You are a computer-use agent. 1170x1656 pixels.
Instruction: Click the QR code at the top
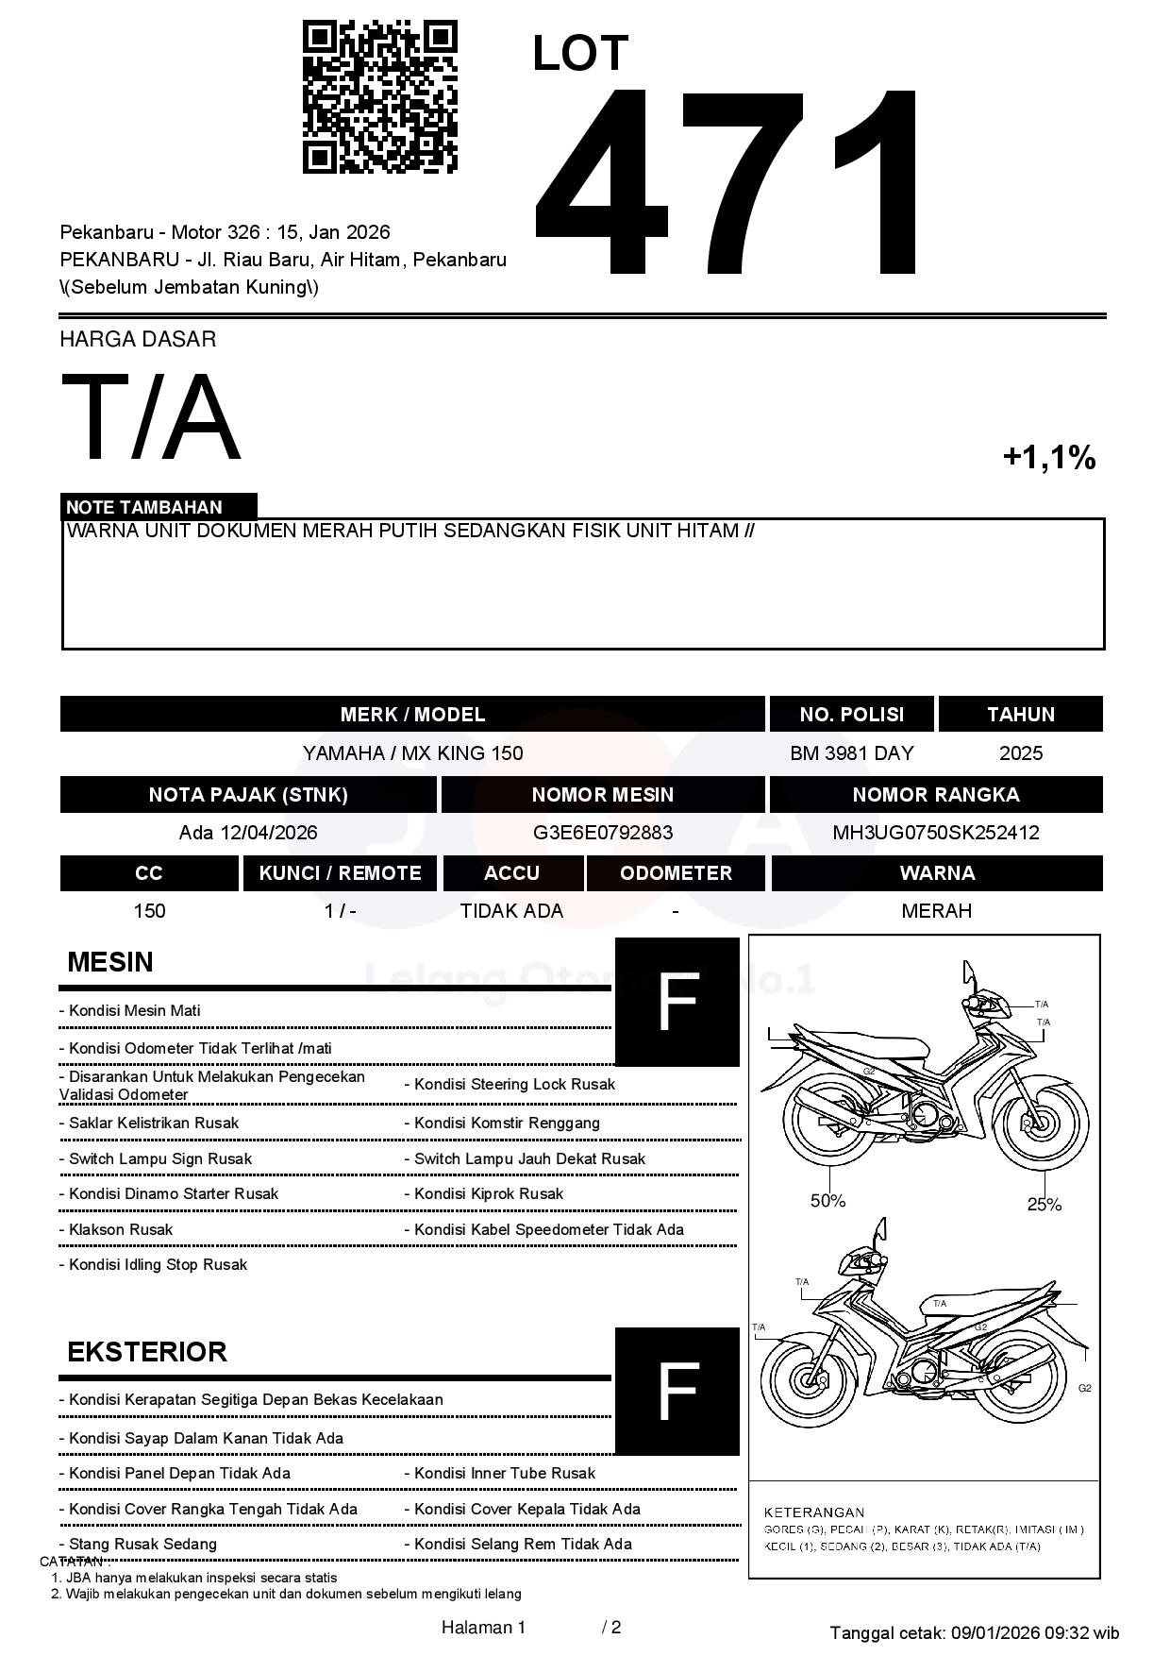(379, 97)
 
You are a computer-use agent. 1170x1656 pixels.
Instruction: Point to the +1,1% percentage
(1048, 458)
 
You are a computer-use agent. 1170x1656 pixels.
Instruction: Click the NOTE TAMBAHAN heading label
(144, 507)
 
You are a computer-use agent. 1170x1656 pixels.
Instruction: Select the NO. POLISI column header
(851, 715)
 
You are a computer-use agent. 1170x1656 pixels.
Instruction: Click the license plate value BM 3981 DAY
(851, 753)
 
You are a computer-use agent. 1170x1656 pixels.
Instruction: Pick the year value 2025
(1021, 753)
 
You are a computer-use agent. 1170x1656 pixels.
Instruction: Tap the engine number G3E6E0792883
(603, 833)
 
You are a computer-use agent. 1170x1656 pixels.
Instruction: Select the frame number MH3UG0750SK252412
(936, 833)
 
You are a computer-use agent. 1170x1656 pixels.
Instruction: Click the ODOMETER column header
(676, 873)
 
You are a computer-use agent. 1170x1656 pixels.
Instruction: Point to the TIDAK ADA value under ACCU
(511, 911)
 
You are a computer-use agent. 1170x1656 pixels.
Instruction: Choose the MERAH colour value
(936, 911)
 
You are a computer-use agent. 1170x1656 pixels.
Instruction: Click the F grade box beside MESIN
(677, 1002)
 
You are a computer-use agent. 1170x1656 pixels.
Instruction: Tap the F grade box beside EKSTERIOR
(677, 1391)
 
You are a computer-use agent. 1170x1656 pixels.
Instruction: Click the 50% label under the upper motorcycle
(827, 1201)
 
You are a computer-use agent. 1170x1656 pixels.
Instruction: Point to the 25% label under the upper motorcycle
(1045, 1204)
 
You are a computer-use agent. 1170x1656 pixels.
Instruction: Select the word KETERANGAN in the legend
(813, 1512)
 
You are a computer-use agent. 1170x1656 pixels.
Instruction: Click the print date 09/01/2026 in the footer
(994, 1632)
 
